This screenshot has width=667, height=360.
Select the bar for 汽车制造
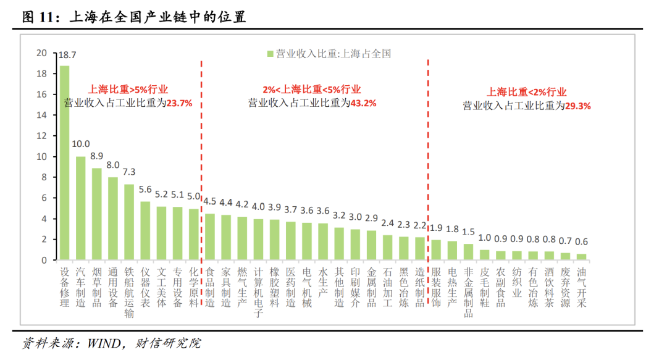point(80,208)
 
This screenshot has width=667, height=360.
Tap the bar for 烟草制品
point(96,214)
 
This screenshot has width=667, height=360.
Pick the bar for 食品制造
point(210,237)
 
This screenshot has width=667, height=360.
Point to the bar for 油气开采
point(581,257)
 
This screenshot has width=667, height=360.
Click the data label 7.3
point(128,172)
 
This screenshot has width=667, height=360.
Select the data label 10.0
point(80,144)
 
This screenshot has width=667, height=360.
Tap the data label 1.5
point(468,232)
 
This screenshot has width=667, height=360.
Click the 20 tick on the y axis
point(42,53)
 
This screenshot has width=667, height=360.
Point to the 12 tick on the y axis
point(42,136)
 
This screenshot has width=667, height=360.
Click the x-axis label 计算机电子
point(258,292)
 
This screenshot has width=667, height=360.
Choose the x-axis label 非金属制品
point(468,292)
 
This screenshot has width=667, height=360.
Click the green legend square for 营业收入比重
point(270,54)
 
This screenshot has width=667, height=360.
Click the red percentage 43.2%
point(363,103)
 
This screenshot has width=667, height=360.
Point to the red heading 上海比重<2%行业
point(527,92)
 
